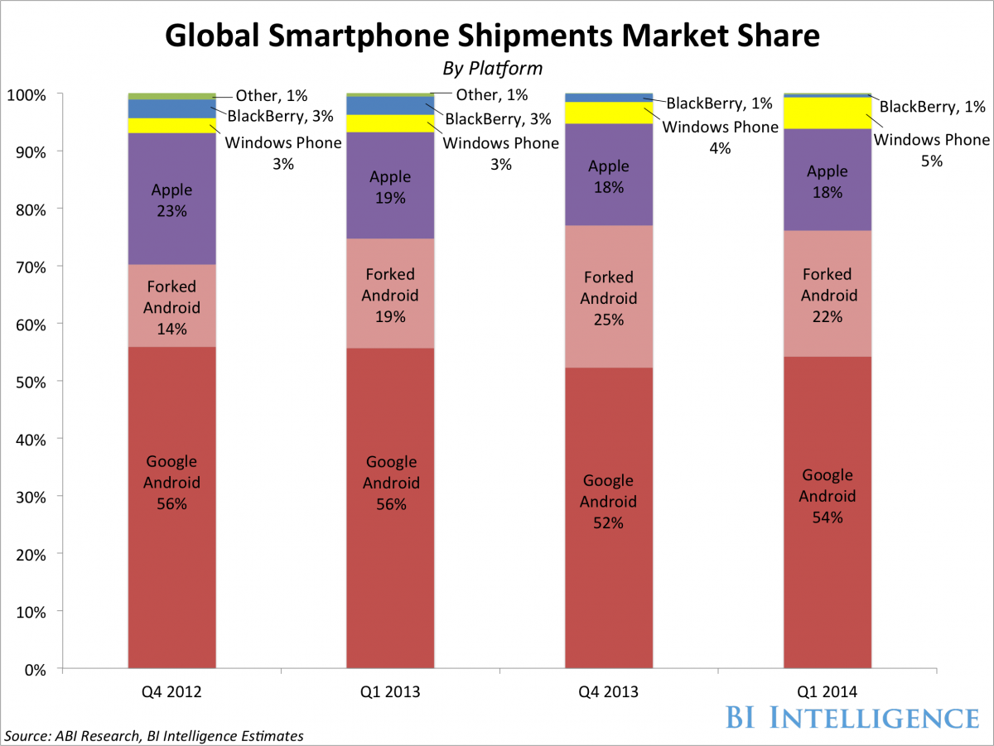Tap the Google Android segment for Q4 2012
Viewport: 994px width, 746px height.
[171, 507]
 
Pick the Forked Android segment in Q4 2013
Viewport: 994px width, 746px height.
[609, 296]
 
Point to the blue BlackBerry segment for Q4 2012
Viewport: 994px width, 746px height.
[171, 108]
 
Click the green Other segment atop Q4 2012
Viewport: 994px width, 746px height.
[171, 96]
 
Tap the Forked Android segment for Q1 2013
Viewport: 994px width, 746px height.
[390, 293]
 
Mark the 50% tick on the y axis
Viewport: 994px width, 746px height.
[32, 382]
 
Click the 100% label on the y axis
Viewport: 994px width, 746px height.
[29, 94]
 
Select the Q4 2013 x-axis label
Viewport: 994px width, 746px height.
[609, 691]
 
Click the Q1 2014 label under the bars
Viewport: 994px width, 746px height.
[828, 691]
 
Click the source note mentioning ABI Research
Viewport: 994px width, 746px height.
[155, 735]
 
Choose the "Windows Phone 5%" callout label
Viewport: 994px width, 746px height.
[932, 150]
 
